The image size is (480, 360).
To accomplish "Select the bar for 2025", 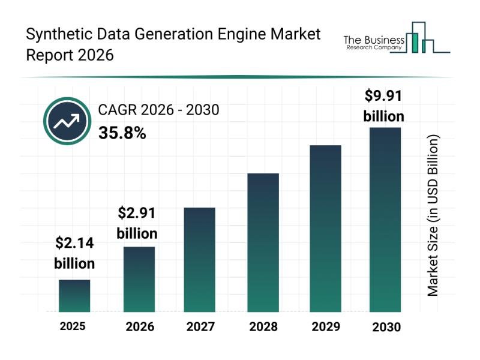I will [74, 296].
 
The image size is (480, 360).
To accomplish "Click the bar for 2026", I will [139, 279].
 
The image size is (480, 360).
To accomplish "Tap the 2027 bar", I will [200, 259].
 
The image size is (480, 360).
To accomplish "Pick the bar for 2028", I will [263, 242].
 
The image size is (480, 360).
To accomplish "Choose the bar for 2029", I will [325, 228].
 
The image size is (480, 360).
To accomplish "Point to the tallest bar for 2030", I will [385, 219].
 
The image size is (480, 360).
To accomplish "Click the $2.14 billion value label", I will [74, 253].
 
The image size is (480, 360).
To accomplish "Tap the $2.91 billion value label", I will [137, 223].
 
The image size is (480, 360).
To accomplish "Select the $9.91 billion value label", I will [384, 106].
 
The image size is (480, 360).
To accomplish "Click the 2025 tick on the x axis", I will [73, 326].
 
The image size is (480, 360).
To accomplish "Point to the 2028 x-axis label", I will [263, 327].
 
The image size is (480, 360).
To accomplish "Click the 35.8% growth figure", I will [122, 133].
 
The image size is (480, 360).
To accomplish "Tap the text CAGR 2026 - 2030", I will [158, 109].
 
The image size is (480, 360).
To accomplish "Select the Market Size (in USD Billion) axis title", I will [433, 215].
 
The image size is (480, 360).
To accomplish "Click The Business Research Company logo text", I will [373, 42].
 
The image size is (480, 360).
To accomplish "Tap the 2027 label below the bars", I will [200, 327].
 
